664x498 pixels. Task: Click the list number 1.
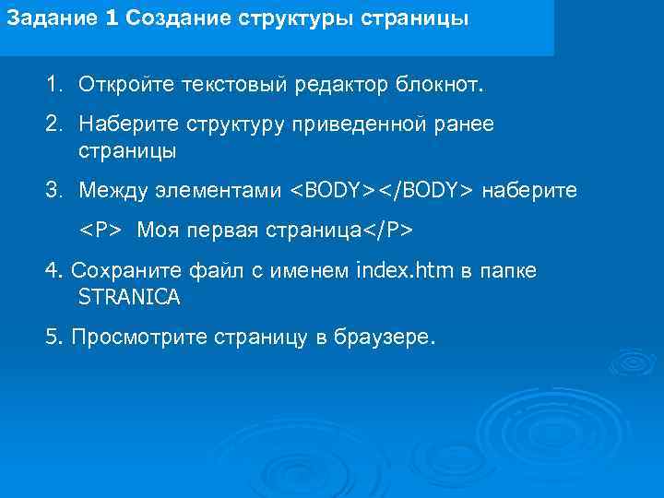pyautogui.click(x=53, y=86)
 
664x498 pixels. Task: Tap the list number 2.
pyautogui.click(x=53, y=124)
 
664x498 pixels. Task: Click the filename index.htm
pyautogui.click(x=406, y=270)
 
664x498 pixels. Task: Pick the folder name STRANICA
pyautogui.click(x=130, y=298)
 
